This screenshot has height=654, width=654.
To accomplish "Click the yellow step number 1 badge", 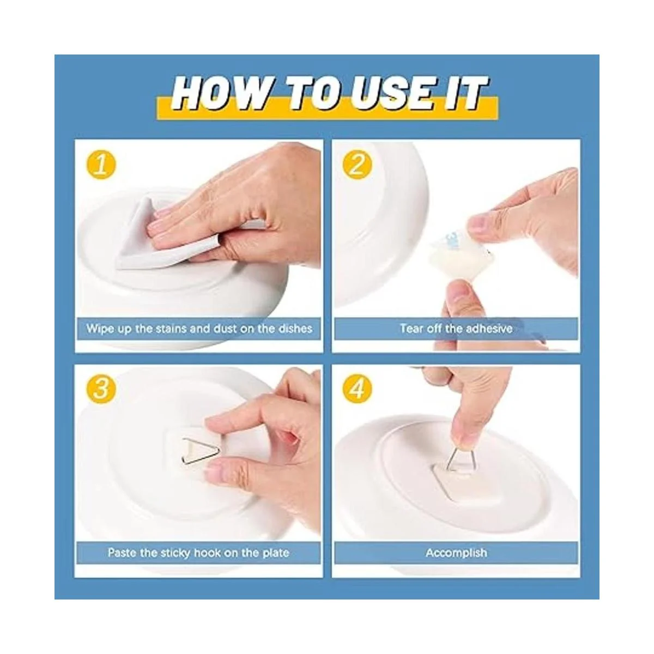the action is pos(101,166).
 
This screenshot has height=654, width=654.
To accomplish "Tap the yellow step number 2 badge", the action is pos(356,166).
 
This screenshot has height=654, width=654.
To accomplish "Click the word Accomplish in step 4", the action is pos(456,553).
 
